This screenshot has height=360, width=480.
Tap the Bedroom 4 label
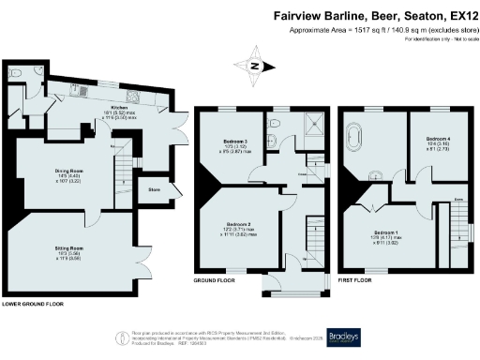tap(439, 138)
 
